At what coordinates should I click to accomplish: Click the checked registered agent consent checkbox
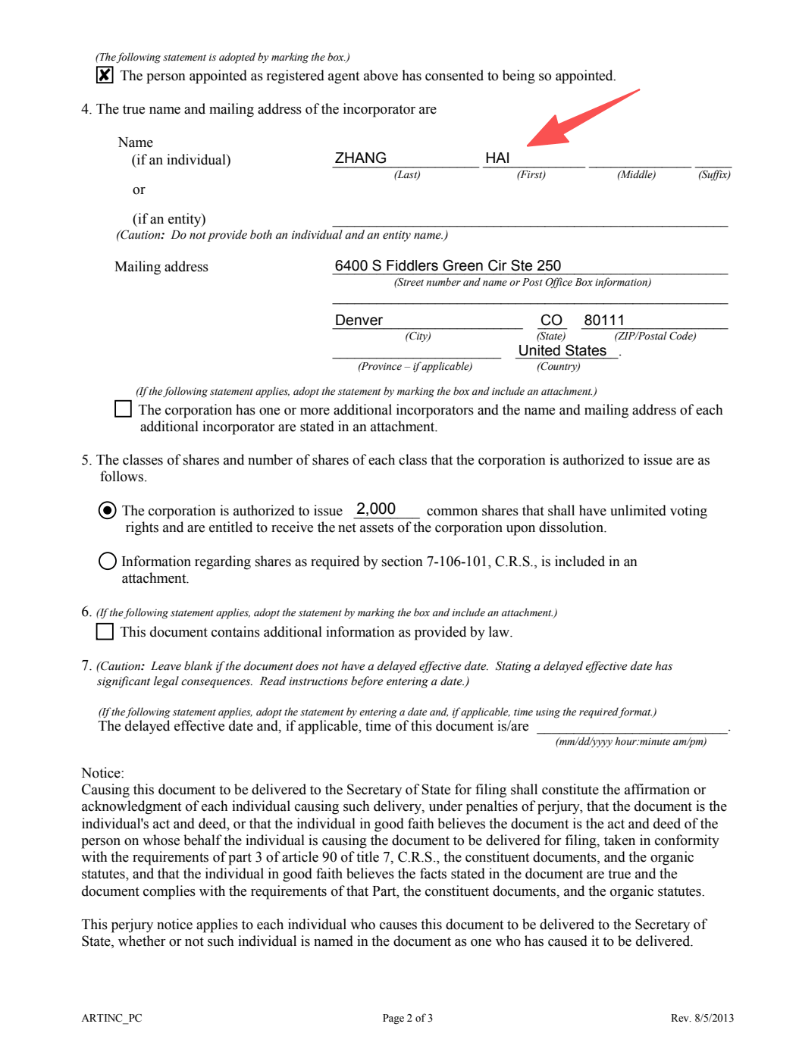click(105, 75)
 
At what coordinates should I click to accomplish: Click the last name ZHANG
click(361, 158)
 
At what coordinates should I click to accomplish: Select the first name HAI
click(497, 158)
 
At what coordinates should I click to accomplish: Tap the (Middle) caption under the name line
click(636, 175)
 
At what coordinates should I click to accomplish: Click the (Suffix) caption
click(714, 175)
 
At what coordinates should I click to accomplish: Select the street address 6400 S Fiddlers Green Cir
click(447, 265)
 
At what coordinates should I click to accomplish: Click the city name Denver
click(359, 320)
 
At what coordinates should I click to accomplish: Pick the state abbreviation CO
click(551, 320)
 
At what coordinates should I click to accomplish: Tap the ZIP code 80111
click(604, 320)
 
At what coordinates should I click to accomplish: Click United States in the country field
click(562, 350)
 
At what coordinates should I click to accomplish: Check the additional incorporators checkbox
click(123, 409)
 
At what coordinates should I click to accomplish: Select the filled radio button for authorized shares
click(108, 510)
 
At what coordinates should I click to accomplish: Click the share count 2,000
click(376, 509)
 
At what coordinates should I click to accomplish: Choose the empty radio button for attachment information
click(108, 561)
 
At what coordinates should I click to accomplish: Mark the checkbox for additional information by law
click(105, 631)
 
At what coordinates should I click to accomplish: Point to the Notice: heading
click(102, 773)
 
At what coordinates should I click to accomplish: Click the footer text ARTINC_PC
click(111, 1018)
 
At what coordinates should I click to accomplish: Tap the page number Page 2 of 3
click(407, 1018)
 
